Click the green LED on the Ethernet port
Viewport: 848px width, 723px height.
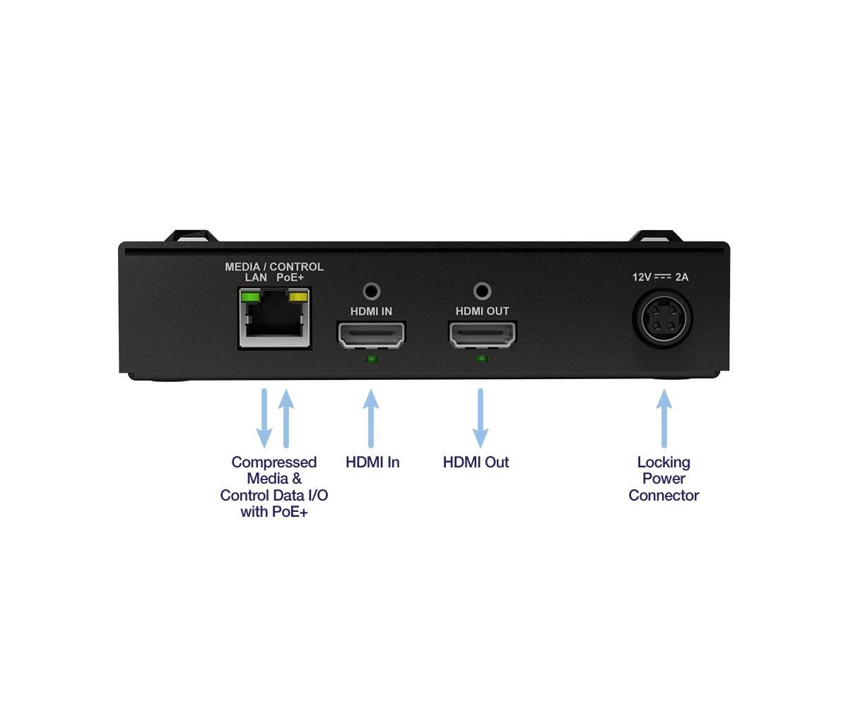pos(250,297)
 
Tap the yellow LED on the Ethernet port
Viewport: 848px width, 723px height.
pos(298,297)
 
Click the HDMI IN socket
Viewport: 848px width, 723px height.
pos(371,335)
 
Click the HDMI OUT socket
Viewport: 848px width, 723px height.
pos(482,335)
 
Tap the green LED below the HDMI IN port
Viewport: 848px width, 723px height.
pos(372,359)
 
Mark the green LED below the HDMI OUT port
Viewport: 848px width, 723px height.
pos(482,359)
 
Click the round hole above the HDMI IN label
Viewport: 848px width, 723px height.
pos(372,292)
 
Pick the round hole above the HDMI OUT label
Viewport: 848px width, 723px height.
pos(482,292)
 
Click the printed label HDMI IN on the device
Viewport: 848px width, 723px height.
pos(371,311)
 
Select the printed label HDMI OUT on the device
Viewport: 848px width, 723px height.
pos(482,311)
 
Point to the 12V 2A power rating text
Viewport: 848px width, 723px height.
pos(660,277)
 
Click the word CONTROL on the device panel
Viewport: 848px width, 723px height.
pos(296,267)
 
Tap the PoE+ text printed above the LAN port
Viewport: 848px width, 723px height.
pos(290,277)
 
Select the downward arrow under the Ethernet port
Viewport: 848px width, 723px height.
pos(264,418)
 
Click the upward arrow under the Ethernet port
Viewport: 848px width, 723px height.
pos(286,418)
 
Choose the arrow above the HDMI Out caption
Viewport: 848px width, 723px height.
pos(481,418)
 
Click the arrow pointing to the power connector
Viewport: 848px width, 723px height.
pos(664,418)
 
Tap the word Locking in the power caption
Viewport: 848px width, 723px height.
pos(664,462)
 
